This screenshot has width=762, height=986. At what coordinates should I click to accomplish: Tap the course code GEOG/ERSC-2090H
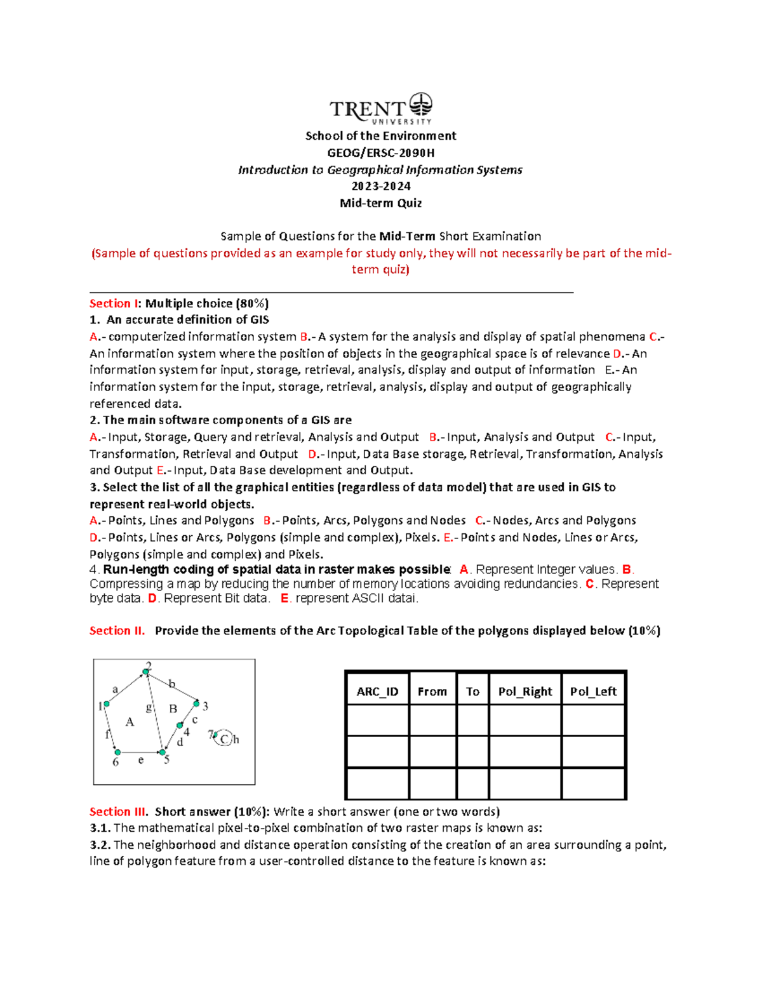point(380,152)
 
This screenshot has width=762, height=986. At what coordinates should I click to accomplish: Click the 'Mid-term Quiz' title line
point(380,203)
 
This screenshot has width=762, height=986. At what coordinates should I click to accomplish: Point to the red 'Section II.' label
point(117,630)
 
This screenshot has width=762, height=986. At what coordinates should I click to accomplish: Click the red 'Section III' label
point(119,811)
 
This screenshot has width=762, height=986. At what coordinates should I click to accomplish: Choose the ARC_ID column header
point(377,691)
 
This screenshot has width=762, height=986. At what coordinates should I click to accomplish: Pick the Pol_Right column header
point(525,691)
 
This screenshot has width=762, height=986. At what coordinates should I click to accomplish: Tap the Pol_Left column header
point(593,691)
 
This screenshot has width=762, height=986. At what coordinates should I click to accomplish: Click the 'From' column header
point(432,691)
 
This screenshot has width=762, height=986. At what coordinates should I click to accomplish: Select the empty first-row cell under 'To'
point(472,720)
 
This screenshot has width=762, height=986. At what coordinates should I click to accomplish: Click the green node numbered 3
point(197,703)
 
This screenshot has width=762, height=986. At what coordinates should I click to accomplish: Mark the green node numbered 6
point(117,752)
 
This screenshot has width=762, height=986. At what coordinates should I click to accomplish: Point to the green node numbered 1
point(107,703)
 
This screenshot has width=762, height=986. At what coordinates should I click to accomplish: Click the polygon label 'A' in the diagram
point(130,722)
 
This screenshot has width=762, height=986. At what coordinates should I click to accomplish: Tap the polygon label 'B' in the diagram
point(173,709)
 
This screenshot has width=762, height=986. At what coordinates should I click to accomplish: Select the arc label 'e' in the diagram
point(140,760)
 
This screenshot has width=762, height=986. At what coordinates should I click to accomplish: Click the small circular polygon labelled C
point(224,739)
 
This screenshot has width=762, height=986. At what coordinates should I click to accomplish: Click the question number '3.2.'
point(100,845)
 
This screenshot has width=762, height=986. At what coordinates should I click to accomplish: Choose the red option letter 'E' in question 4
point(284,598)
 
